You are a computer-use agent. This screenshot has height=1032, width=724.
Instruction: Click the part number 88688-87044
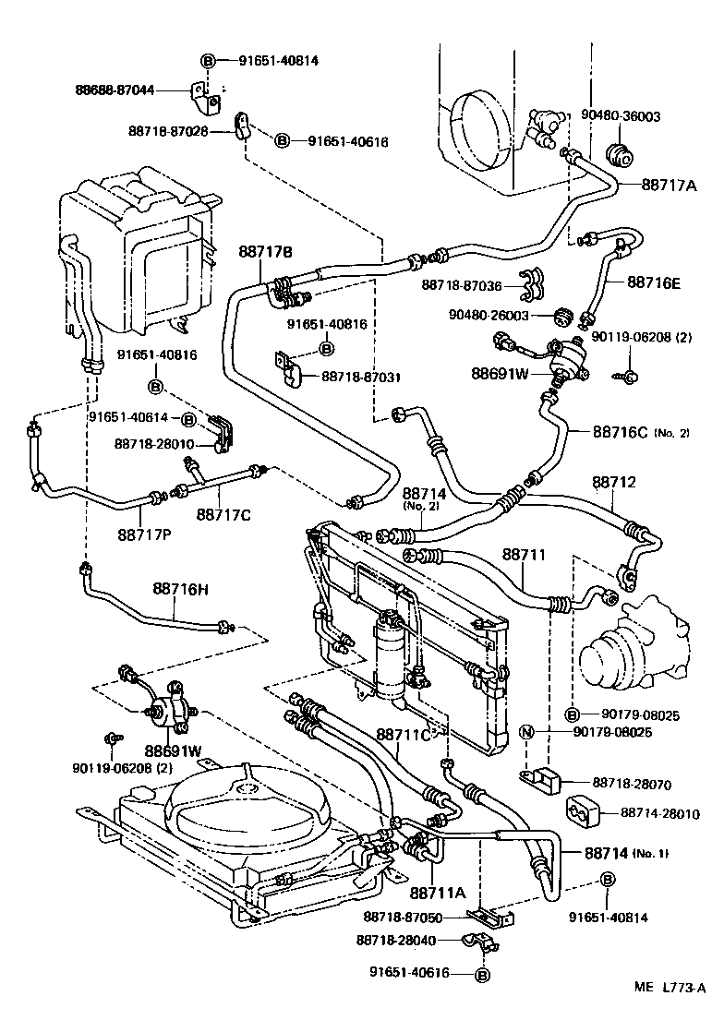[115, 90]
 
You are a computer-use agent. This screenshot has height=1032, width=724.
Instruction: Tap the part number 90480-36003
[621, 117]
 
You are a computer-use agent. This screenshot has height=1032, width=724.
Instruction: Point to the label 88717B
[265, 251]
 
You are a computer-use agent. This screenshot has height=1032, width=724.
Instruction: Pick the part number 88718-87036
[462, 286]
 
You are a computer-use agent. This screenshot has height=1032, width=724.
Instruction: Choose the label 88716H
[186, 587]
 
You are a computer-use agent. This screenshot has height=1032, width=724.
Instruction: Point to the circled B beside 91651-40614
[187, 419]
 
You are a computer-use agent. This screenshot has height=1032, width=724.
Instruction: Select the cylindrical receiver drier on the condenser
[391, 658]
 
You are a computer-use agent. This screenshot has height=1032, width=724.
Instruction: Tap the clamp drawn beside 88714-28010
[582, 812]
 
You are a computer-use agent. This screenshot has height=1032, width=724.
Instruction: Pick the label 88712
[614, 483]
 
